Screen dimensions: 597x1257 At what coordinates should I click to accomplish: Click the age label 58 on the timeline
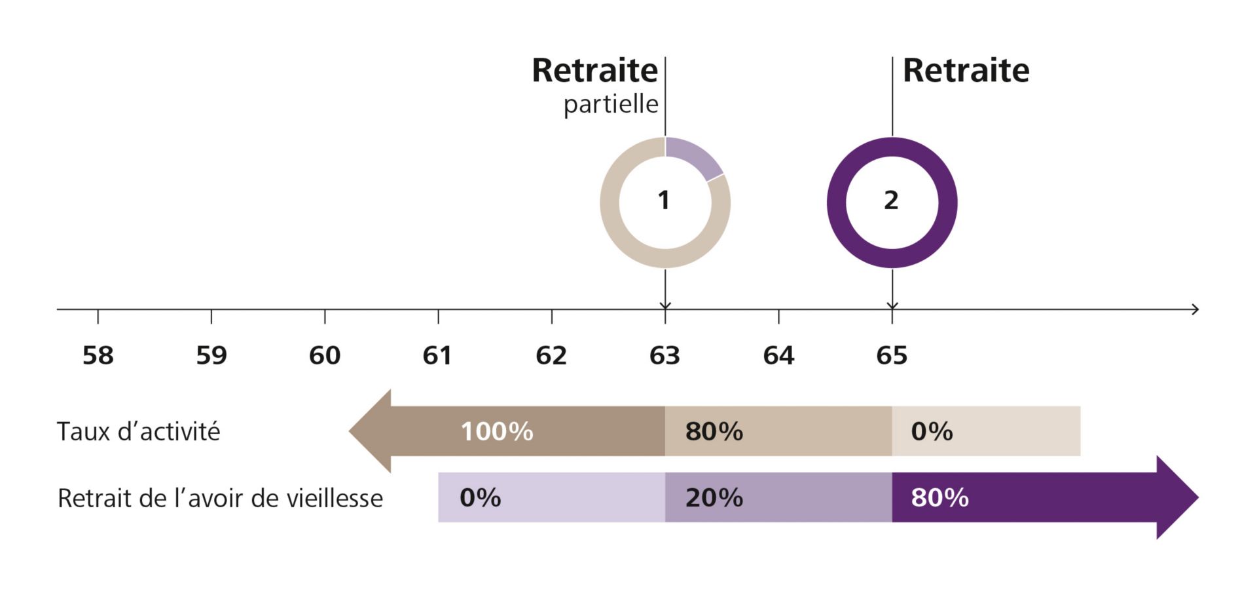click(x=98, y=355)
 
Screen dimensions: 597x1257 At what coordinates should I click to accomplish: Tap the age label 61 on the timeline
click(x=437, y=355)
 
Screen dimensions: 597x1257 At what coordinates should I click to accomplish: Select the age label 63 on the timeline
click(x=665, y=355)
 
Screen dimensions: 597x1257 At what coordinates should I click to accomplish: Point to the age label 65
click(x=892, y=355)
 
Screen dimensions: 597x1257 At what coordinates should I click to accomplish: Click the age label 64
click(x=778, y=355)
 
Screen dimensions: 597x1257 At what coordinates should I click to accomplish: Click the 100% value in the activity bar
click(x=497, y=431)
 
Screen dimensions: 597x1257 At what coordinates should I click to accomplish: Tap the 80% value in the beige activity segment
click(x=714, y=431)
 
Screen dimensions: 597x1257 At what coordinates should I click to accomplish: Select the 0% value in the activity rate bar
click(x=932, y=431)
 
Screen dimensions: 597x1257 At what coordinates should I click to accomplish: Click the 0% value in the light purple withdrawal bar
click(x=480, y=497)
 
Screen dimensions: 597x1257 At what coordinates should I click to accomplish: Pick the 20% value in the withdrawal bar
click(x=714, y=497)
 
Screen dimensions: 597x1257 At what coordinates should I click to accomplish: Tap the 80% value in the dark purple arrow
click(x=939, y=497)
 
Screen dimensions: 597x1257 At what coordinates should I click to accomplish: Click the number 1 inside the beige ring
click(x=664, y=201)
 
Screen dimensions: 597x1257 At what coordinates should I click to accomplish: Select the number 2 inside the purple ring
click(x=891, y=201)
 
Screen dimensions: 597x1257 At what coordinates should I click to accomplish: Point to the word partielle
click(x=611, y=104)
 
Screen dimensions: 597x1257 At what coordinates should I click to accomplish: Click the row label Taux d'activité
click(x=138, y=431)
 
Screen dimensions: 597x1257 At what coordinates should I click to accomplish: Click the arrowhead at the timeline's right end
click(x=1195, y=309)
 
